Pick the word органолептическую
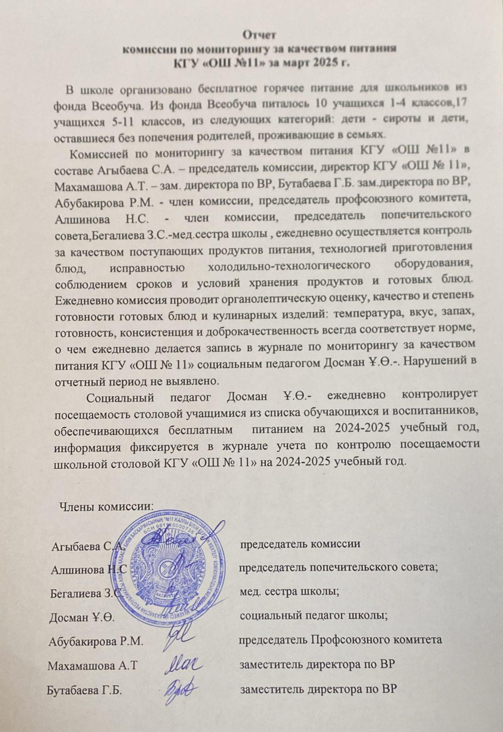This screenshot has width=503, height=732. pos(285,300)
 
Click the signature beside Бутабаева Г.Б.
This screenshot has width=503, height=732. pos(179,687)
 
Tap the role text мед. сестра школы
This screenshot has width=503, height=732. pos(289,592)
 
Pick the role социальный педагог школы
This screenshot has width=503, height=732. pos(314,615)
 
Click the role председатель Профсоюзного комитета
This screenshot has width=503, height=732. pos(340,640)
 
